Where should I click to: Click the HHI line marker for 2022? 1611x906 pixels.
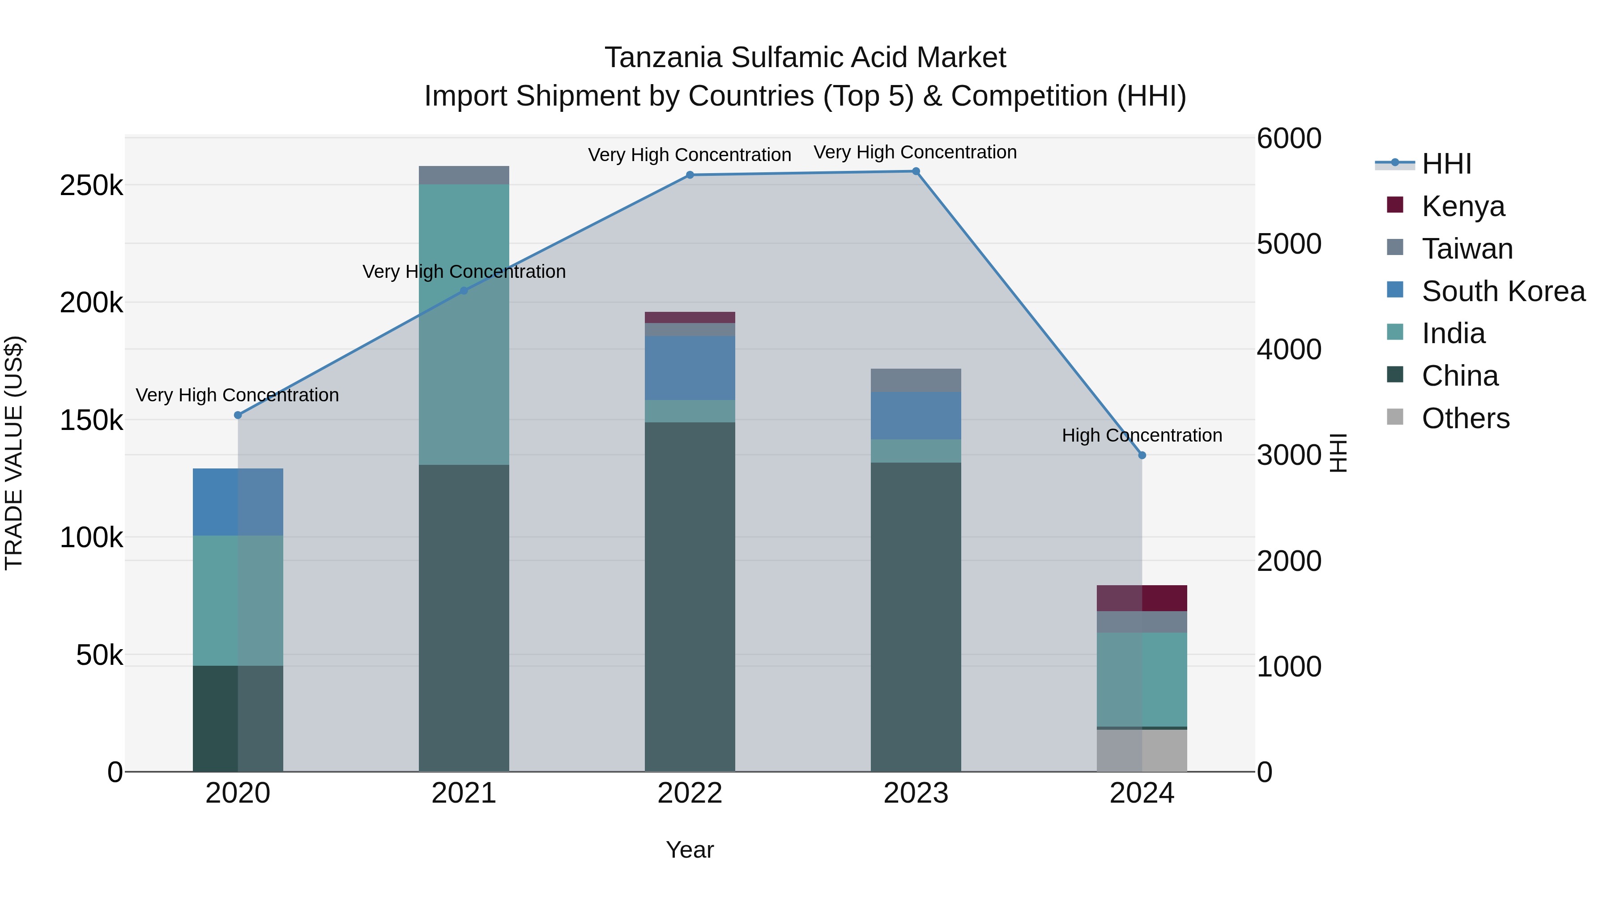[x=690, y=175]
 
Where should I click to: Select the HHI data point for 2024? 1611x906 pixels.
[x=1142, y=455]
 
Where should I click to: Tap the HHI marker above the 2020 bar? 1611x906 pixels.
[x=238, y=415]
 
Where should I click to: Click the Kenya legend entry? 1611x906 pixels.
[x=1463, y=206]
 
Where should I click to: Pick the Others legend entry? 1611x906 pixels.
[x=1465, y=418]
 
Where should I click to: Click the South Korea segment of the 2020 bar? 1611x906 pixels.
[x=238, y=502]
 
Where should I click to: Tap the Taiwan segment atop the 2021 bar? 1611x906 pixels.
[x=464, y=175]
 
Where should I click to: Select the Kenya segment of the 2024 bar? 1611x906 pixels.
[x=1142, y=598]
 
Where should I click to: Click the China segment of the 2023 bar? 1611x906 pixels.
[x=916, y=616]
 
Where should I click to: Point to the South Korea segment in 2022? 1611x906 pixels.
[x=690, y=368]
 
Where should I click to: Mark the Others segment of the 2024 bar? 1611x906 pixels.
[x=1142, y=750]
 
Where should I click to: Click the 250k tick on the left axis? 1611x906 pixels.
[x=91, y=186]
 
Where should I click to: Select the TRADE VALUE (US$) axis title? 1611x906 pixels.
[x=14, y=453]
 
